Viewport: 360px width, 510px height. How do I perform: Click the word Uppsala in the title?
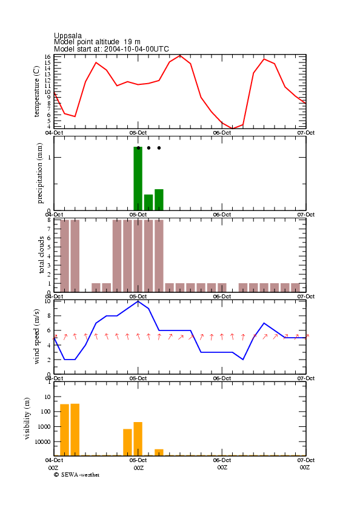pyautogui.click(x=68, y=36)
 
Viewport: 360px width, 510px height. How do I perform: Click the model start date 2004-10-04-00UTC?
pyautogui.click(x=136, y=49)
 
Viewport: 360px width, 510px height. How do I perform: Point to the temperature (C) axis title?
pyautogui.click(x=36, y=92)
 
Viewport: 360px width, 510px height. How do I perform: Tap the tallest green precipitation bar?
pyautogui.click(x=138, y=178)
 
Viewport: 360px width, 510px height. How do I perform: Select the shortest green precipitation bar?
pyautogui.click(x=148, y=203)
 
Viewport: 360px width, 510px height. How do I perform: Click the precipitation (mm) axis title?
pyautogui.click(x=39, y=173)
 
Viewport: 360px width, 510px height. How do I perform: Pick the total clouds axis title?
pyautogui.click(x=41, y=255)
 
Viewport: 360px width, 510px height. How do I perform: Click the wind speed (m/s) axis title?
pyautogui.click(x=36, y=337)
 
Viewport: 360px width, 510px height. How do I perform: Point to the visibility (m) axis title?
pyautogui.click(x=27, y=418)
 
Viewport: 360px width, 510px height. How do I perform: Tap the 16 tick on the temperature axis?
pyautogui.click(x=47, y=56)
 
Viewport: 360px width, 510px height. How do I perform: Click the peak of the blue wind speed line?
pyautogui.click(x=138, y=301)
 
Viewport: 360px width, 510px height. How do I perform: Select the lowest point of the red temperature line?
pyautogui.click(x=232, y=129)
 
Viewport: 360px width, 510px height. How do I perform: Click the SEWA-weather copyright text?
pyautogui.click(x=77, y=475)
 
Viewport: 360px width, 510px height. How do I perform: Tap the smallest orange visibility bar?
pyautogui.click(x=159, y=452)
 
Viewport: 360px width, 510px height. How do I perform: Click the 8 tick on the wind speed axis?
pyautogui.click(x=48, y=316)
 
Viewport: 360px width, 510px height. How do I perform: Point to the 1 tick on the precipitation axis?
pyautogui.click(x=49, y=158)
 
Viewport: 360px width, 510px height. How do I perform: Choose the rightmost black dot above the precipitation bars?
pyautogui.click(x=159, y=148)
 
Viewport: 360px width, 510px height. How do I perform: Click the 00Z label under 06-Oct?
pyautogui.click(x=222, y=468)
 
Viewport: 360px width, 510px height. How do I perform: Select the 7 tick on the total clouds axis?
pyautogui.click(x=48, y=229)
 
